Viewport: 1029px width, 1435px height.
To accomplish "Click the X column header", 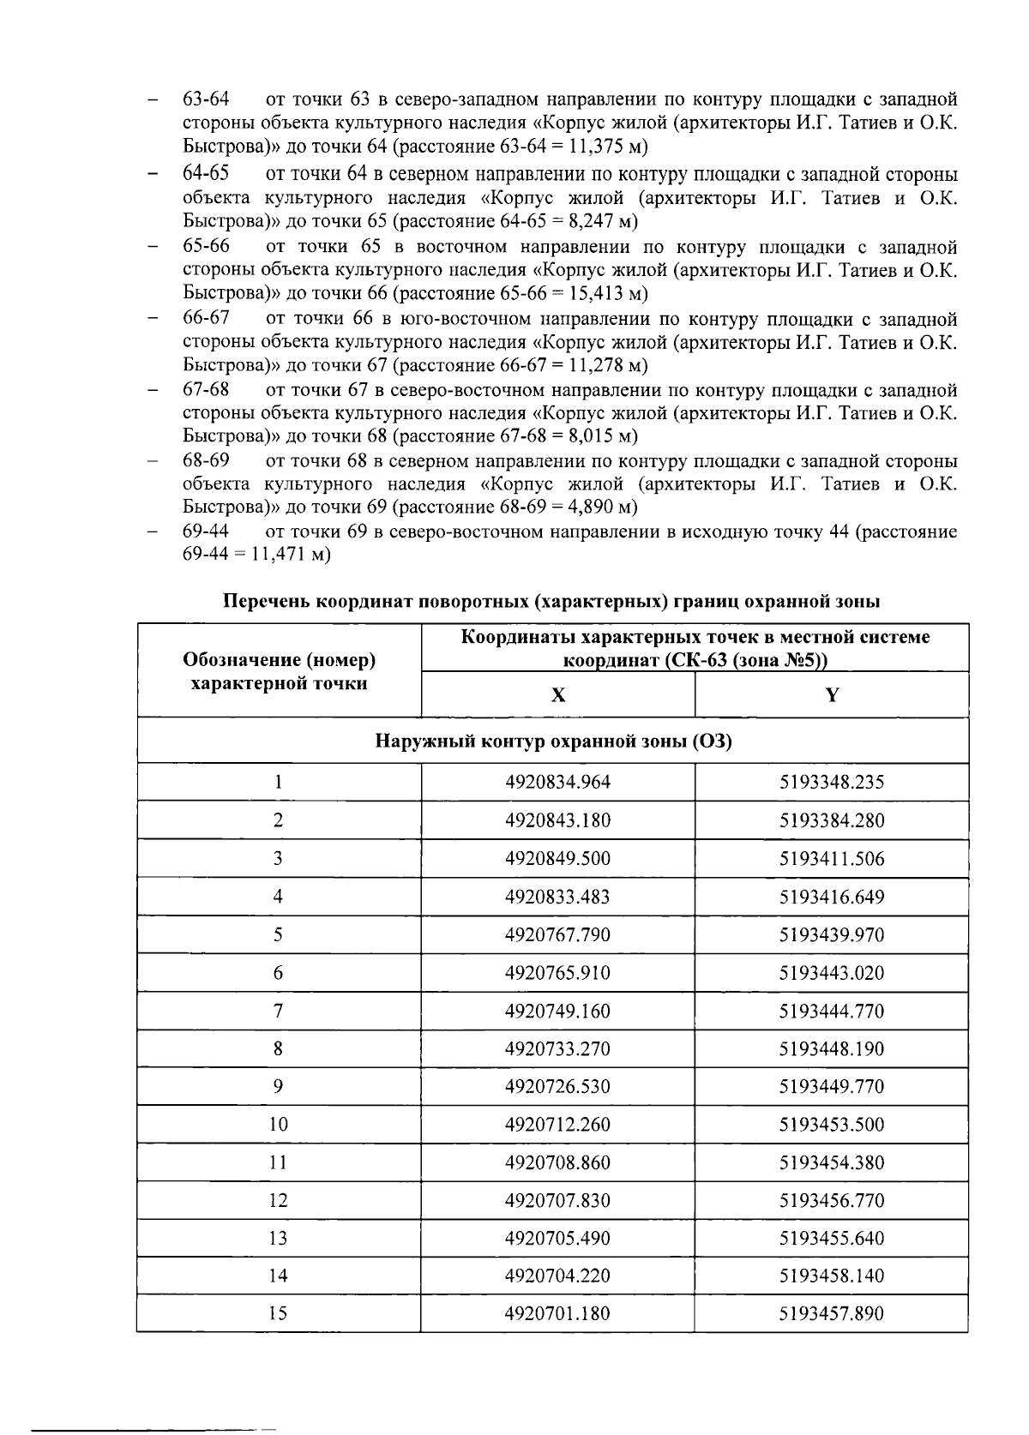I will (557, 694).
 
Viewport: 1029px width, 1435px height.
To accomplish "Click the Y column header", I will (831, 694).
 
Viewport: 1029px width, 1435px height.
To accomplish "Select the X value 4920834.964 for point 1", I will (557, 782).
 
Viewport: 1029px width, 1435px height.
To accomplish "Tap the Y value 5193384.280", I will (831, 820).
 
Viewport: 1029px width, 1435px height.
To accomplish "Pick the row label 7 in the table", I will (278, 1011).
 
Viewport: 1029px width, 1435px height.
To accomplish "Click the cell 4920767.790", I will (557, 934).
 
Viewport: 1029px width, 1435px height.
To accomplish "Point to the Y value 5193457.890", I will (831, 1313).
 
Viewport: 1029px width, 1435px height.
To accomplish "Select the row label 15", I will (278, 1313).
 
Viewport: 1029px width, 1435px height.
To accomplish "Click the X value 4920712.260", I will (557, 1124).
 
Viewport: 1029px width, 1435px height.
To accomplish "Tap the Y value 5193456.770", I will (831, 1200).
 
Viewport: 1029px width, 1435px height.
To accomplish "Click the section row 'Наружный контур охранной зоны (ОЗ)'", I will (553, 741).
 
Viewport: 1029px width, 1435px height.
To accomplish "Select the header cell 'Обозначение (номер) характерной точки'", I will (280, 671).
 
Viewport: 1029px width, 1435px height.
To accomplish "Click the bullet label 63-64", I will (206, 99).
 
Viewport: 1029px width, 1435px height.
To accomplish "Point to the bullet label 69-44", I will (206, 531).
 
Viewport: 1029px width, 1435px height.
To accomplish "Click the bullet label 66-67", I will (206, 318).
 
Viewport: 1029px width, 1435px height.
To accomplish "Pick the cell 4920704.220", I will (557, 1276).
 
